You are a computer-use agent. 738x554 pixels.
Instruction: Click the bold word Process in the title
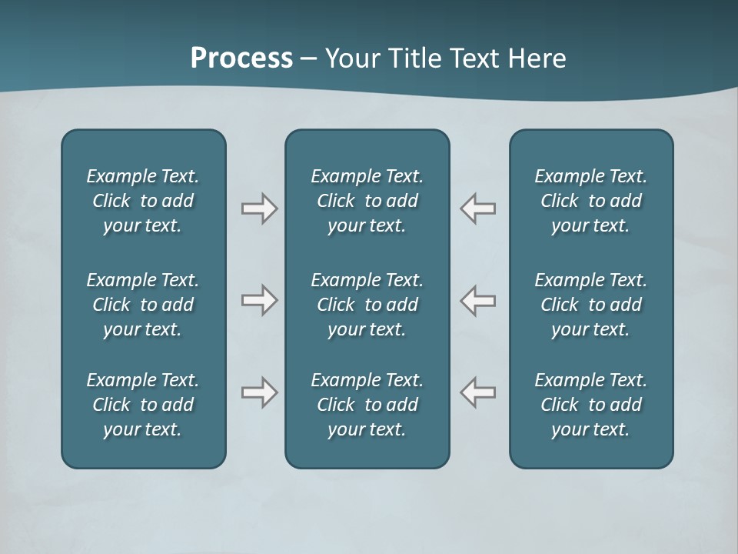pos(241,58)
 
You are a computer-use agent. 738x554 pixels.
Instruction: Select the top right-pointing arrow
pos(259,209)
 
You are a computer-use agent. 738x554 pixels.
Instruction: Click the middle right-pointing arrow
pos(259,300)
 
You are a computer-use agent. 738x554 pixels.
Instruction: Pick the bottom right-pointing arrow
pos(259,392)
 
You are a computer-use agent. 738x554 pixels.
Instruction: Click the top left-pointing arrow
pos(477,209)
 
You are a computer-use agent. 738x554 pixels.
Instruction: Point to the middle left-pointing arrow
pos(477,300)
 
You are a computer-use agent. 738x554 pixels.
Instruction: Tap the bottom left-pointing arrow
pos(477,392)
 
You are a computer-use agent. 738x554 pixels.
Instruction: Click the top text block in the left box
pos(143,201)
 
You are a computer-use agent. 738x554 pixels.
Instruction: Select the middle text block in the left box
pos(143,305)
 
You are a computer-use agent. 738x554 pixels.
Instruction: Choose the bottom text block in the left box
pos(143,405)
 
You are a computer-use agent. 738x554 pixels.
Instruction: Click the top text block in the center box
pos(367,201)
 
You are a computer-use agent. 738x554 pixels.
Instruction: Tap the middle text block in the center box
pos(367,305)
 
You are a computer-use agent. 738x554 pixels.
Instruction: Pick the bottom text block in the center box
pos(367,405)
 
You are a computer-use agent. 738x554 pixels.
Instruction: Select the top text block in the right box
pos(591,201)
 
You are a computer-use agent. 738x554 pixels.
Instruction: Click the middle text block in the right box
pos(591,305)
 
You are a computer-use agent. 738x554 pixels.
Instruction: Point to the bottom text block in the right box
pos(591,405)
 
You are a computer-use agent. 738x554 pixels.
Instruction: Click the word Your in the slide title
pos(351,58)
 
